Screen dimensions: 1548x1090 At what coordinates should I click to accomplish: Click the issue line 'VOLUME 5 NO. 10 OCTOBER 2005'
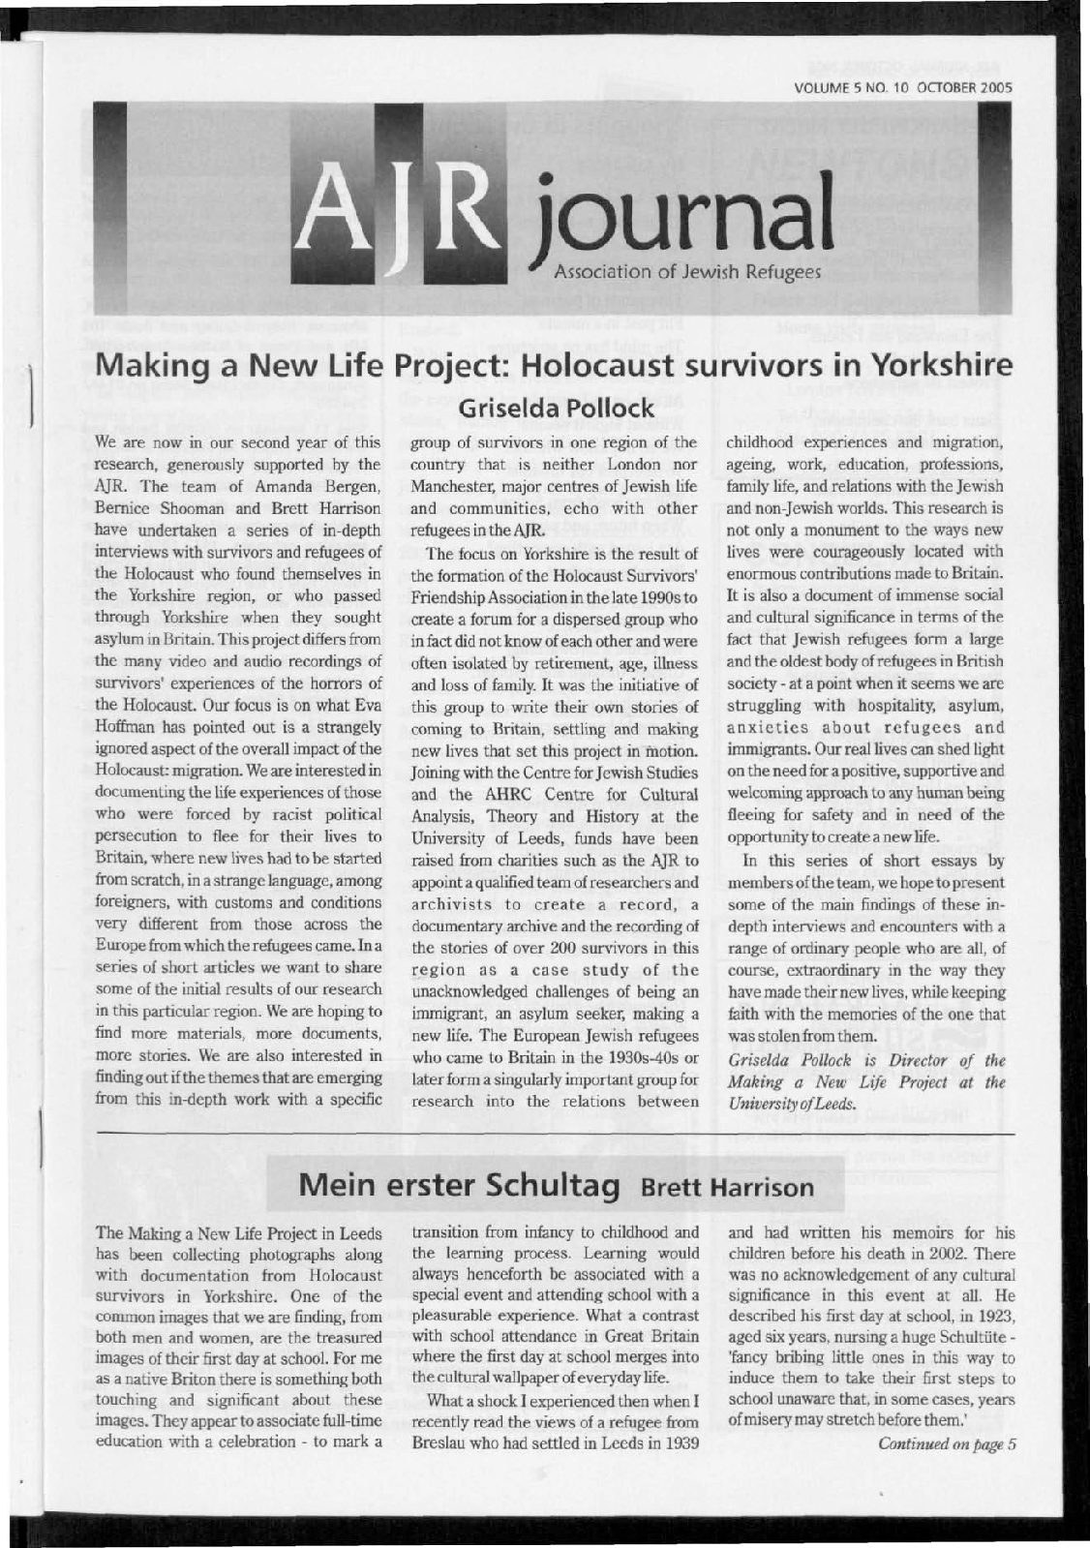point(902,87)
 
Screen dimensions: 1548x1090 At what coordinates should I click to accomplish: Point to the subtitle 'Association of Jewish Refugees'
point(686,273)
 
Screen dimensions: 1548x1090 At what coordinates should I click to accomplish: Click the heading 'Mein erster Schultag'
point(461,1186)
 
